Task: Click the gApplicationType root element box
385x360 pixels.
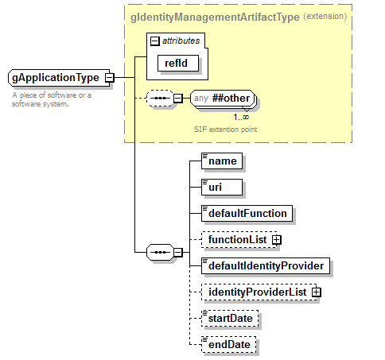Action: [56, 78]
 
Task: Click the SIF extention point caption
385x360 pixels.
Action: [224, 128]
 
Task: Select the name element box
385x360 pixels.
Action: [223, 161]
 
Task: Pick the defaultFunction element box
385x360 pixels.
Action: [247, 213]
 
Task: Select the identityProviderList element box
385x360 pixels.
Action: [256, 292]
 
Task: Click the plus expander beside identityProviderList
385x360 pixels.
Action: [316, 292]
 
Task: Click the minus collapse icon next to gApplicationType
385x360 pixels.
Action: [109, 78]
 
